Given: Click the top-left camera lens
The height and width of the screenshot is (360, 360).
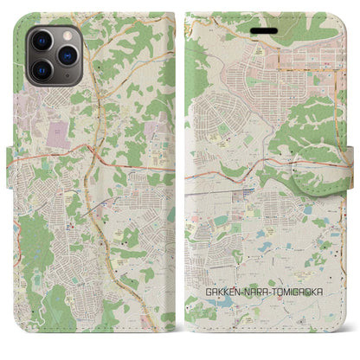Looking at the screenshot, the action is pos(41,41).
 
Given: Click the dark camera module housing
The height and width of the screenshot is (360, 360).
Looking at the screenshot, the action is pos(54,54).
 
